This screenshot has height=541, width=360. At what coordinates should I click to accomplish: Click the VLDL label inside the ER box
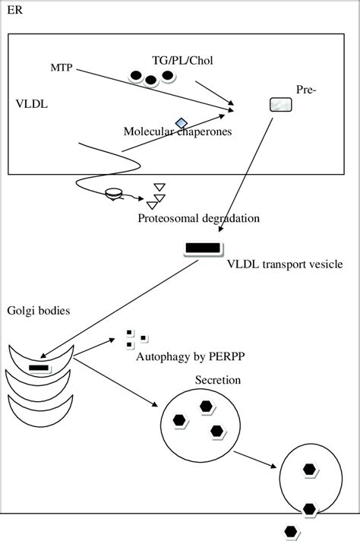click(31, 104)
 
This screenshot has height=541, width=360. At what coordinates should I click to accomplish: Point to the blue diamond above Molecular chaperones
click(181, 122)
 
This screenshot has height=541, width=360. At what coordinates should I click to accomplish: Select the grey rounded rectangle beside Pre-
click(280, 106)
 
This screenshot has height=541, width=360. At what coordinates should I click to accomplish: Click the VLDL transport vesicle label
click(286, 264)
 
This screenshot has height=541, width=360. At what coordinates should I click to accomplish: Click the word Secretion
click(216, 380)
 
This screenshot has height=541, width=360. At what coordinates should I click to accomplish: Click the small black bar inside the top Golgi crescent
click(39, 369)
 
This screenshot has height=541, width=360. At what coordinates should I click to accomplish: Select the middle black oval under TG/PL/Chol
click(151, 80)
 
